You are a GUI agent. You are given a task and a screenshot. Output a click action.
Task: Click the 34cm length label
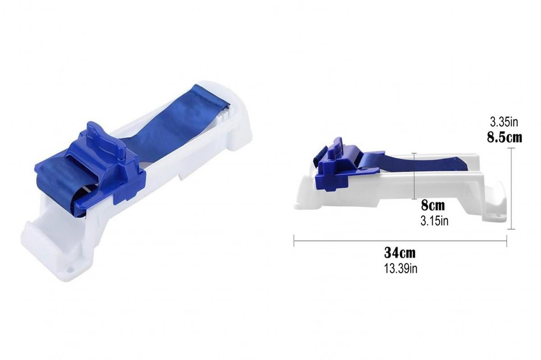tap(400, 252)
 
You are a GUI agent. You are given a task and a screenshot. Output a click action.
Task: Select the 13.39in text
tap(400, 268)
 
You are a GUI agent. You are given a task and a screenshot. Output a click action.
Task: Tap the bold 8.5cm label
tap(505, 137)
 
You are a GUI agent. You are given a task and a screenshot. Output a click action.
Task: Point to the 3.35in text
tap(504, 122)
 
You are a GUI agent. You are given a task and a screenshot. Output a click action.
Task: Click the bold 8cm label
tap(433, 205)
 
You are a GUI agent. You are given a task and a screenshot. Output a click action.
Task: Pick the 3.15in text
tap(434, 221)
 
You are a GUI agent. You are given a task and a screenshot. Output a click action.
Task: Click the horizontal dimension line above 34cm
tap(400, 241)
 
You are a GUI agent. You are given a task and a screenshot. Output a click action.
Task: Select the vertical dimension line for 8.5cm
tap(511, 188)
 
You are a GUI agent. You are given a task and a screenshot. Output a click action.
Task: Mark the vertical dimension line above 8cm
tap(414, 176)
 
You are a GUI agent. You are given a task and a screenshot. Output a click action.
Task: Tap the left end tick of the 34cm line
tap(294, 241)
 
